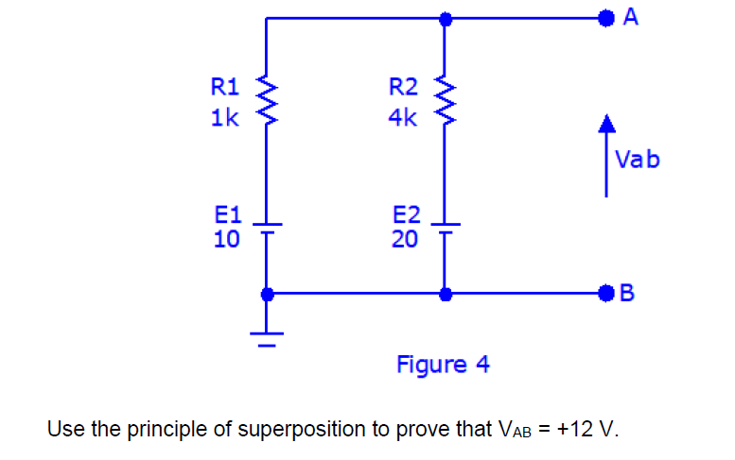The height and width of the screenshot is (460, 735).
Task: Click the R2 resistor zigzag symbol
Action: (444, 103)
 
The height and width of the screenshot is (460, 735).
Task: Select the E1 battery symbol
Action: (267, 228)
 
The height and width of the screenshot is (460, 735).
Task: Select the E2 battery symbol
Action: (444, 228)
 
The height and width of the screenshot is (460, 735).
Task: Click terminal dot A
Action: (605, 17)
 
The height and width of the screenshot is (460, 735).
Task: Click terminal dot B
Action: (605, 293)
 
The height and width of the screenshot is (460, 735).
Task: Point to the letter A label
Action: (630, 16)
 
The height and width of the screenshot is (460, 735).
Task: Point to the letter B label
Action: (629, 294)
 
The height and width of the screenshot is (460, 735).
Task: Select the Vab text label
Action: (637, 159)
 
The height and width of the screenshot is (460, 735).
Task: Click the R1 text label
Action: (225, 89)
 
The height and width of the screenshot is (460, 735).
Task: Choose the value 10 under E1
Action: (226, 239)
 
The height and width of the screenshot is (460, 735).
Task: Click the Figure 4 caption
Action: (443, 364)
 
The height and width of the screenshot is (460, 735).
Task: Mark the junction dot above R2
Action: (444, 17)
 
